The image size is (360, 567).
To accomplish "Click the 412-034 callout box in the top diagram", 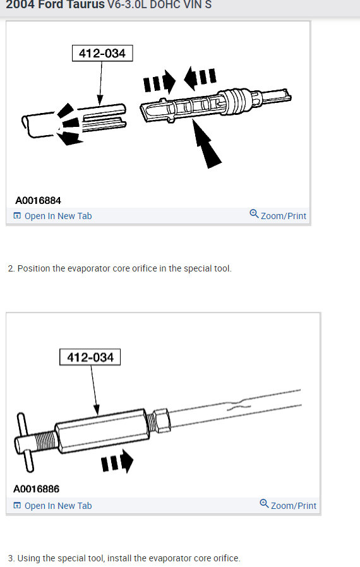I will [x=102, y=54].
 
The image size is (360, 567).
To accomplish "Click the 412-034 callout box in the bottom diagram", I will [x=90, y=357].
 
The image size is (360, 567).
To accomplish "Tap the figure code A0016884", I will [x=38, y=201].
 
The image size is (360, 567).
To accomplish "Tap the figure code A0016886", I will [x=37, y=489].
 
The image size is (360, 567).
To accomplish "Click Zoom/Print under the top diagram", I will [x=283, y=216].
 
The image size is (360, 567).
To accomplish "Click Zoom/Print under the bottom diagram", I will [x=293, y=506].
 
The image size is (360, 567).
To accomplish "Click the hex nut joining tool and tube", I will [x=160, y=419].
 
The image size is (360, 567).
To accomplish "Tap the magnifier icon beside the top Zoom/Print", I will [x=254, y=214].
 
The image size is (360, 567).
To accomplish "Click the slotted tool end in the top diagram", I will [x=101, y=114].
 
